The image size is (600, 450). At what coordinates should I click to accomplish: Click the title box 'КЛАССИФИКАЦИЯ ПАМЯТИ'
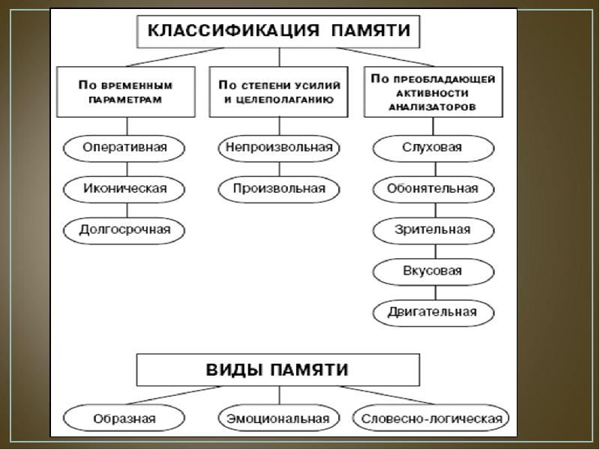point(278,31)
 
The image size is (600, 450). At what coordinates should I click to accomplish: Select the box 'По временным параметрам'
point(126,91)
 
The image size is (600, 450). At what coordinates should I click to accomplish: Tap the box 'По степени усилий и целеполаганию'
point(278,91)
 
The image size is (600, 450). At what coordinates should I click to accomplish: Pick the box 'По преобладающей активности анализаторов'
point(433,91)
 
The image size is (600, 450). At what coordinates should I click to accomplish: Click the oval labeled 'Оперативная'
point(124,148)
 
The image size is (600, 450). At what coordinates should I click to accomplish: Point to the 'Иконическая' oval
point(124,189)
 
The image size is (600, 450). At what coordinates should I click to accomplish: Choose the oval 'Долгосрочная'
point(124,230)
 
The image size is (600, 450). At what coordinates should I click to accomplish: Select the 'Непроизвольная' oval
point(279,148)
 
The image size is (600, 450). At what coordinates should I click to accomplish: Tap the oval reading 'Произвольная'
point(279,189)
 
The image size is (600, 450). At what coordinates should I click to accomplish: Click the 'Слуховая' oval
point(433,148)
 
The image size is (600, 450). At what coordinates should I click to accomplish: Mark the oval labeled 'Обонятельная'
point(433,189)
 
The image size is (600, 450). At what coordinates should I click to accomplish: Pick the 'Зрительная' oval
point(433,230)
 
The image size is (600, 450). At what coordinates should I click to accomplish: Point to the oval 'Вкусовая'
point(433,271)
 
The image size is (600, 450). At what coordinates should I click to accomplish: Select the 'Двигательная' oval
point(433,313)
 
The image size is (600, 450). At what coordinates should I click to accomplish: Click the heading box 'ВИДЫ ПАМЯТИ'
point(278,370)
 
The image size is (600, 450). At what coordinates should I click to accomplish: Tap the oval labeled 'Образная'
point(124,418)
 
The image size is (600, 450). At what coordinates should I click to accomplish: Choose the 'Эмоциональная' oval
point(279,418)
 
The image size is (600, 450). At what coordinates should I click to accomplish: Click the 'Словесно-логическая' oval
point(430,418)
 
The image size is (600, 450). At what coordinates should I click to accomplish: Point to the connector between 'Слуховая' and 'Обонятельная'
point(436,169)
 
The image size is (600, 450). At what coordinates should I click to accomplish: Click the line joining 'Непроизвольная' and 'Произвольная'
point(279,169)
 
